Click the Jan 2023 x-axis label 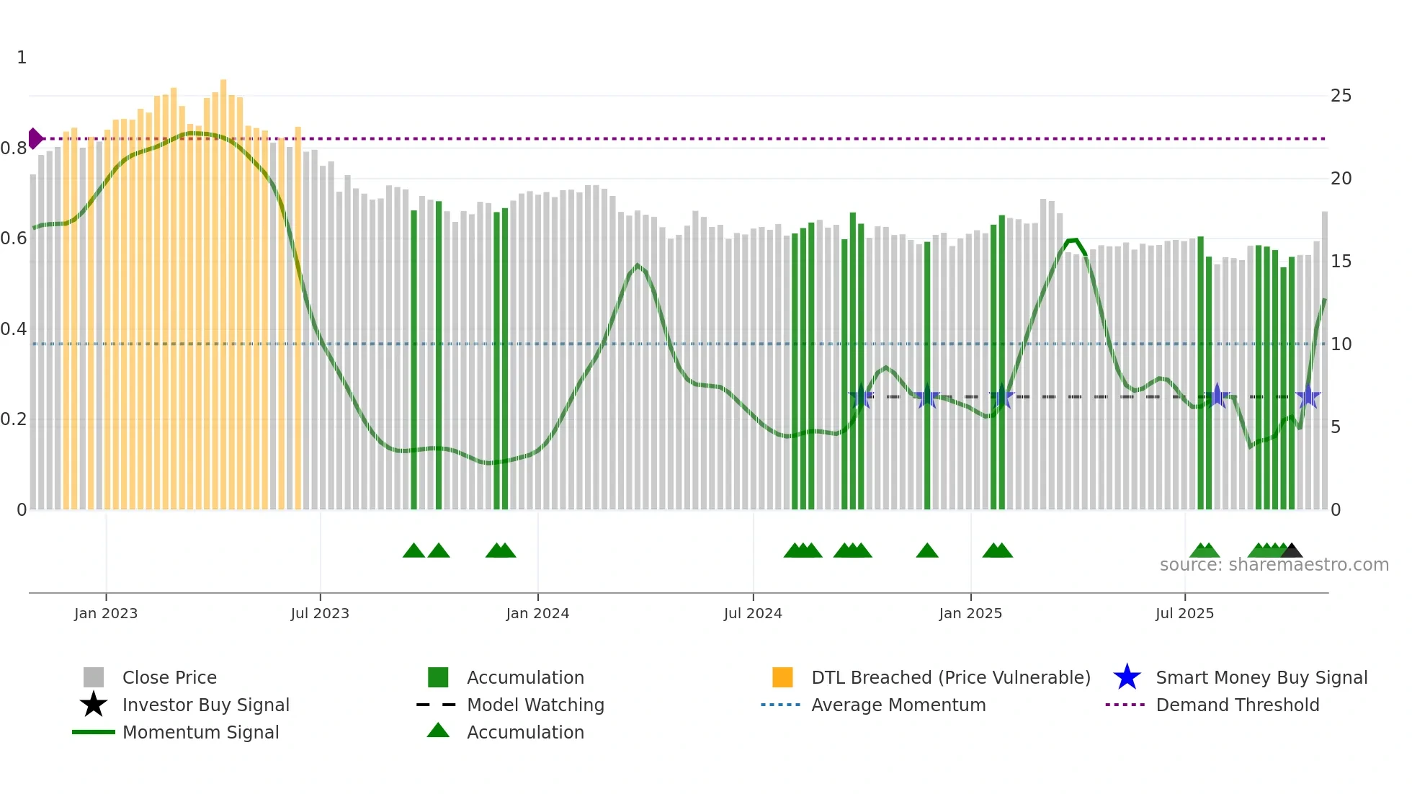click(106, 613)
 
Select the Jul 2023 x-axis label click(320, 613)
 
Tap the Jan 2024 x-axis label click(537, 613)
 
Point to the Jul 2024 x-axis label click(753, 613)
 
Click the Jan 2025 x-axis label click(970, 613)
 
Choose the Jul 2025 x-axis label click(1184, 613)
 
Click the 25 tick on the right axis click(1341, 96)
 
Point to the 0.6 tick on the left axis click(14, 238)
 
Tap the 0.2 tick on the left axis click(14, 419)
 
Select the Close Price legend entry click(169, 677)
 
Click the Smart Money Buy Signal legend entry click(1261, 677)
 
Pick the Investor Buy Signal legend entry click(205, 705)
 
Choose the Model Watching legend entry click(535, 705)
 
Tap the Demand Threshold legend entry click(1237, 705)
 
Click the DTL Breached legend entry click(950, 677)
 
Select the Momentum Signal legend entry click(200, 732)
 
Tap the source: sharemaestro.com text click(1274, 565)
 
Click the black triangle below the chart click(1292, 550)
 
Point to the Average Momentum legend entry click(898, 705)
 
